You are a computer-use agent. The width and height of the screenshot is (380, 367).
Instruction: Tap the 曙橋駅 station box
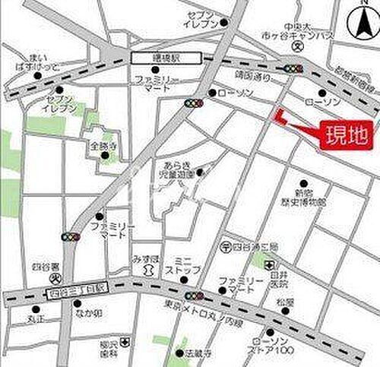point(165,57)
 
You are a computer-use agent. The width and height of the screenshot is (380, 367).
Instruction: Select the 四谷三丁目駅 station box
point(78,289)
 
